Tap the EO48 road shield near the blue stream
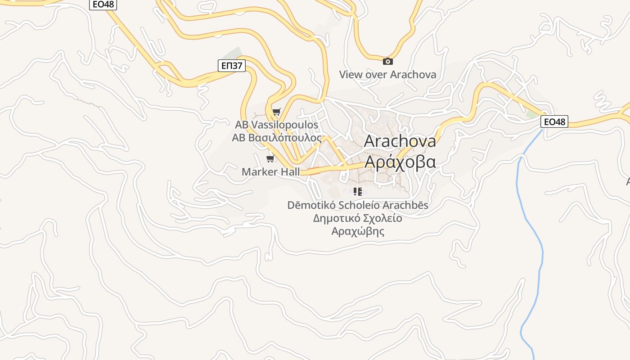point(554,121)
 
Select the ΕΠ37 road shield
point(232,66)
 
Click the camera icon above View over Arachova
point(387,62)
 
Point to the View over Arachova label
point(387,75)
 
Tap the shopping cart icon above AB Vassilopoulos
point(276,112)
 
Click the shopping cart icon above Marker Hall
point(270,159)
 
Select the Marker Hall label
point(270,171)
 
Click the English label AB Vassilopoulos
point(276,125)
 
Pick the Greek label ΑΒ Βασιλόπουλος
point(276,138)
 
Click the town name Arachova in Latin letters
point(400,141)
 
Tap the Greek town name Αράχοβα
point(400,162)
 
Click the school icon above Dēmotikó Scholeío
point(358,192)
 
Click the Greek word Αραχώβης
point(358,231)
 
